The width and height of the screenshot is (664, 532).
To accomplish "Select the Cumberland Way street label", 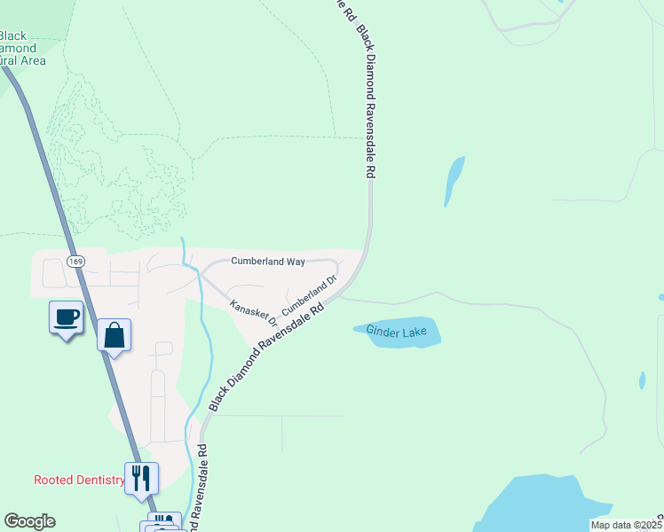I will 268,262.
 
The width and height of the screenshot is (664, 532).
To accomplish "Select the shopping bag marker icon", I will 114,335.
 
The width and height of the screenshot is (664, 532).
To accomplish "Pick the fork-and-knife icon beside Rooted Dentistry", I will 141,478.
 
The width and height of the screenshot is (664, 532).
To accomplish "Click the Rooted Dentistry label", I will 79,481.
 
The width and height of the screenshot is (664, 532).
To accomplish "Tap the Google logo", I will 29,521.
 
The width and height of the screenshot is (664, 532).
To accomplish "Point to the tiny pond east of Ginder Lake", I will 642,380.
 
